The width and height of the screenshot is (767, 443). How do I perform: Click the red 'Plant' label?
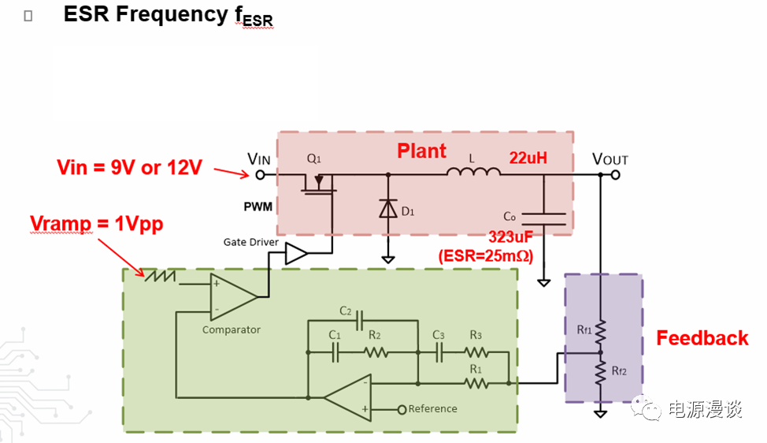(x=421, y=151)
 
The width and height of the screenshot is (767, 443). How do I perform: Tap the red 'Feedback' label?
(x=702, y=338)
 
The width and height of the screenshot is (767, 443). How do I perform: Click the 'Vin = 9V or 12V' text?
(x=129, y=167)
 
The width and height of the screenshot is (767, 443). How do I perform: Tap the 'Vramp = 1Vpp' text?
(x=96, y=223)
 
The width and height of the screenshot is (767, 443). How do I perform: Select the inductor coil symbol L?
(x=473, y=172)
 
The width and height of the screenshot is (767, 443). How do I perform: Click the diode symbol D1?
(x=387, y=208)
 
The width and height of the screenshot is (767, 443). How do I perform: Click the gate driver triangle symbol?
(x=296, y=254)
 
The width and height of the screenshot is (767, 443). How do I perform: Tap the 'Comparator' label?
(x=231, y=329)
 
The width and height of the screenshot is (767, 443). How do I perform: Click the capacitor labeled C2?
(x=360, y=321)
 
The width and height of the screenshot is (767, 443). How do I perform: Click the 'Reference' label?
(x=432, y=409)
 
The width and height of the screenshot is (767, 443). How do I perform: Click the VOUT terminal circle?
(x=615, y=174)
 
